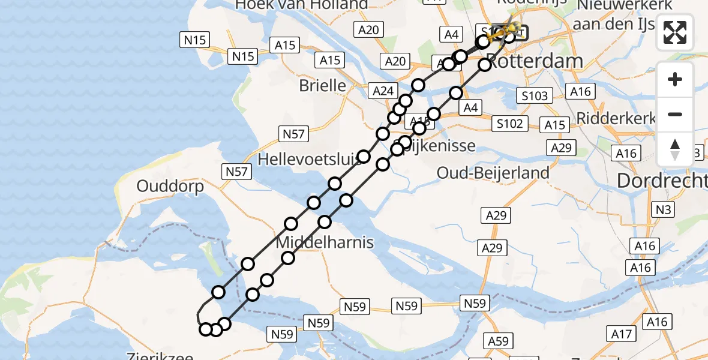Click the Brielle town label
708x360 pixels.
click(x=323, y=85)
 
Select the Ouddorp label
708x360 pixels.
click(x=170, y=186)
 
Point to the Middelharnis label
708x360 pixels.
click(x=325, y=243)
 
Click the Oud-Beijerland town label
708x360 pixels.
click(x=493, y=173)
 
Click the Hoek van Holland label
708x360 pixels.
click(x=301, y=5)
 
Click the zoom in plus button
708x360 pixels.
click(x=675, y=79)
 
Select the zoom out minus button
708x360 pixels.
click(x=675, y=114)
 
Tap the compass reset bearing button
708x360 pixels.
click(x=675, y=149)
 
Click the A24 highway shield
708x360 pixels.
click(x=383, y=91)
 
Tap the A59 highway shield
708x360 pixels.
click(x=499, y=341)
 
